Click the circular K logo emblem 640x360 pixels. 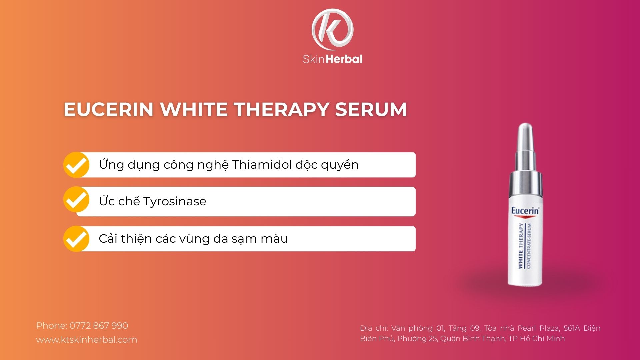(332, 30)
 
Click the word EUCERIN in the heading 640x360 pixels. (108, 109)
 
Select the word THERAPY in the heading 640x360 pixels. (281, 109)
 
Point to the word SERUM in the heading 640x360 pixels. (371, 109)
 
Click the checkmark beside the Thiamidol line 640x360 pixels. (76, 165)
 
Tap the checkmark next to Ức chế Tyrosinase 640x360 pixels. (76, 200)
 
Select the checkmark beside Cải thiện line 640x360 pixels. (76, 239)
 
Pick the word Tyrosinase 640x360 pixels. (175, 201)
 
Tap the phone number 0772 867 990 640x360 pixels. (99, 326)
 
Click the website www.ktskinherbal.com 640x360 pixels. (87, 340)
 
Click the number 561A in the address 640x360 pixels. (572, 328)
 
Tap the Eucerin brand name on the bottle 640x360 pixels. (525, 211)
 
